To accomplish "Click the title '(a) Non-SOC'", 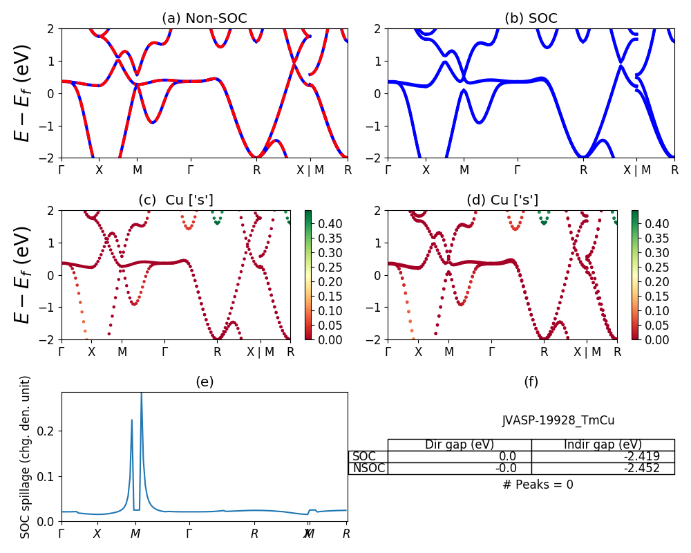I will [204, 19].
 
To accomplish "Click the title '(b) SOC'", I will [531, 19].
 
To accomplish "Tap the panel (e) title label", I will [204, 382].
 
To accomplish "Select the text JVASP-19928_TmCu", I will [558, 420].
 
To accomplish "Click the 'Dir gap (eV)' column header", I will [460, 444].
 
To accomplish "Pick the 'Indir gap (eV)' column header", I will [603, 444].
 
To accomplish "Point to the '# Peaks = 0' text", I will [538, 485].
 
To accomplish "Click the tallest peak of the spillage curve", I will [142, 393].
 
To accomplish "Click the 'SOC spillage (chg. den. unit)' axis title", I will [26, 457].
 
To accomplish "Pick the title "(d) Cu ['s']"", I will [502, 200].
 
